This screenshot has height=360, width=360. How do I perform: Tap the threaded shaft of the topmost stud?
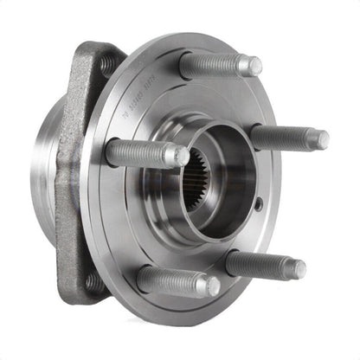[216, 64]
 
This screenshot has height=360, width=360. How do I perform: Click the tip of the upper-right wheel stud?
[320, 138]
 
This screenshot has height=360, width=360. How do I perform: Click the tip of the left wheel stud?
[180, 157]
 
